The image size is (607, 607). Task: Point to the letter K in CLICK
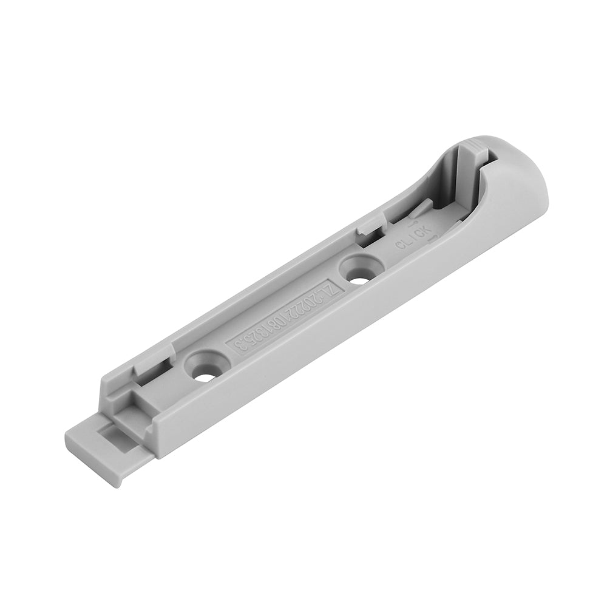427,229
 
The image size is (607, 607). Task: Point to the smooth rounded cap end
522,182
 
